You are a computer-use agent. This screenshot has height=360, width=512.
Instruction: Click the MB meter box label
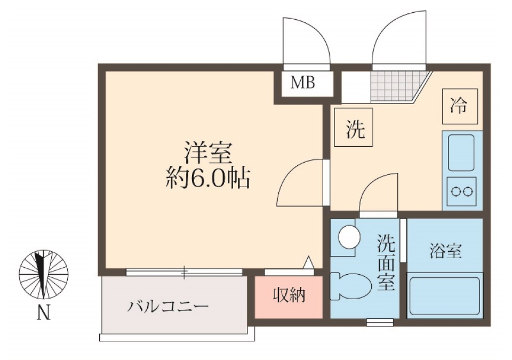point(303,83)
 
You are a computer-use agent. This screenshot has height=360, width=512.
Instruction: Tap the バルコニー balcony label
point(167,307)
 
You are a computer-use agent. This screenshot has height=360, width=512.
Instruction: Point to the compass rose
point(43,275)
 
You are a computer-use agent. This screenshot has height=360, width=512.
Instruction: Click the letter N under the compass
point(43,314)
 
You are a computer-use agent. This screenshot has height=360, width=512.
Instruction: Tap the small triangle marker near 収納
point(309,262)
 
